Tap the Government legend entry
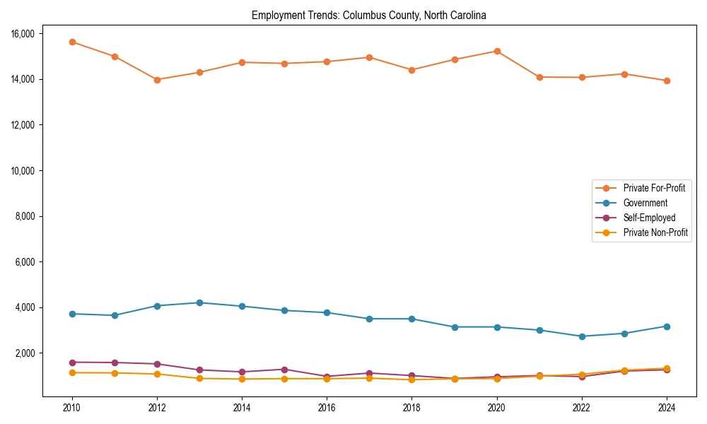pos(645,203)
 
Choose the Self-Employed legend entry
pos(649,218)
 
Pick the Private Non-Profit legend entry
pos(655,232)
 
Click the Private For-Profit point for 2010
pos(72,42)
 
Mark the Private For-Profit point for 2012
pos(157,80)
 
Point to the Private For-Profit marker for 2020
pos(497,51)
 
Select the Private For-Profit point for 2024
pos(667,81)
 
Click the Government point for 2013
pos(199,302)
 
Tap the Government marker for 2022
pos(582,336)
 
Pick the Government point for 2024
pos(667,326)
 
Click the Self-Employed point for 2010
pos(72,363)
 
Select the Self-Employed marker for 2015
pos(284,370)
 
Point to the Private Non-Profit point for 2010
pos(72,372)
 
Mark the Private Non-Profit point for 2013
pos(199,379)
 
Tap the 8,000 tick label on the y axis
pos(30,216)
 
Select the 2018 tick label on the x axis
pos(411,408)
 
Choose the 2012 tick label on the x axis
pos(157,408)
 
